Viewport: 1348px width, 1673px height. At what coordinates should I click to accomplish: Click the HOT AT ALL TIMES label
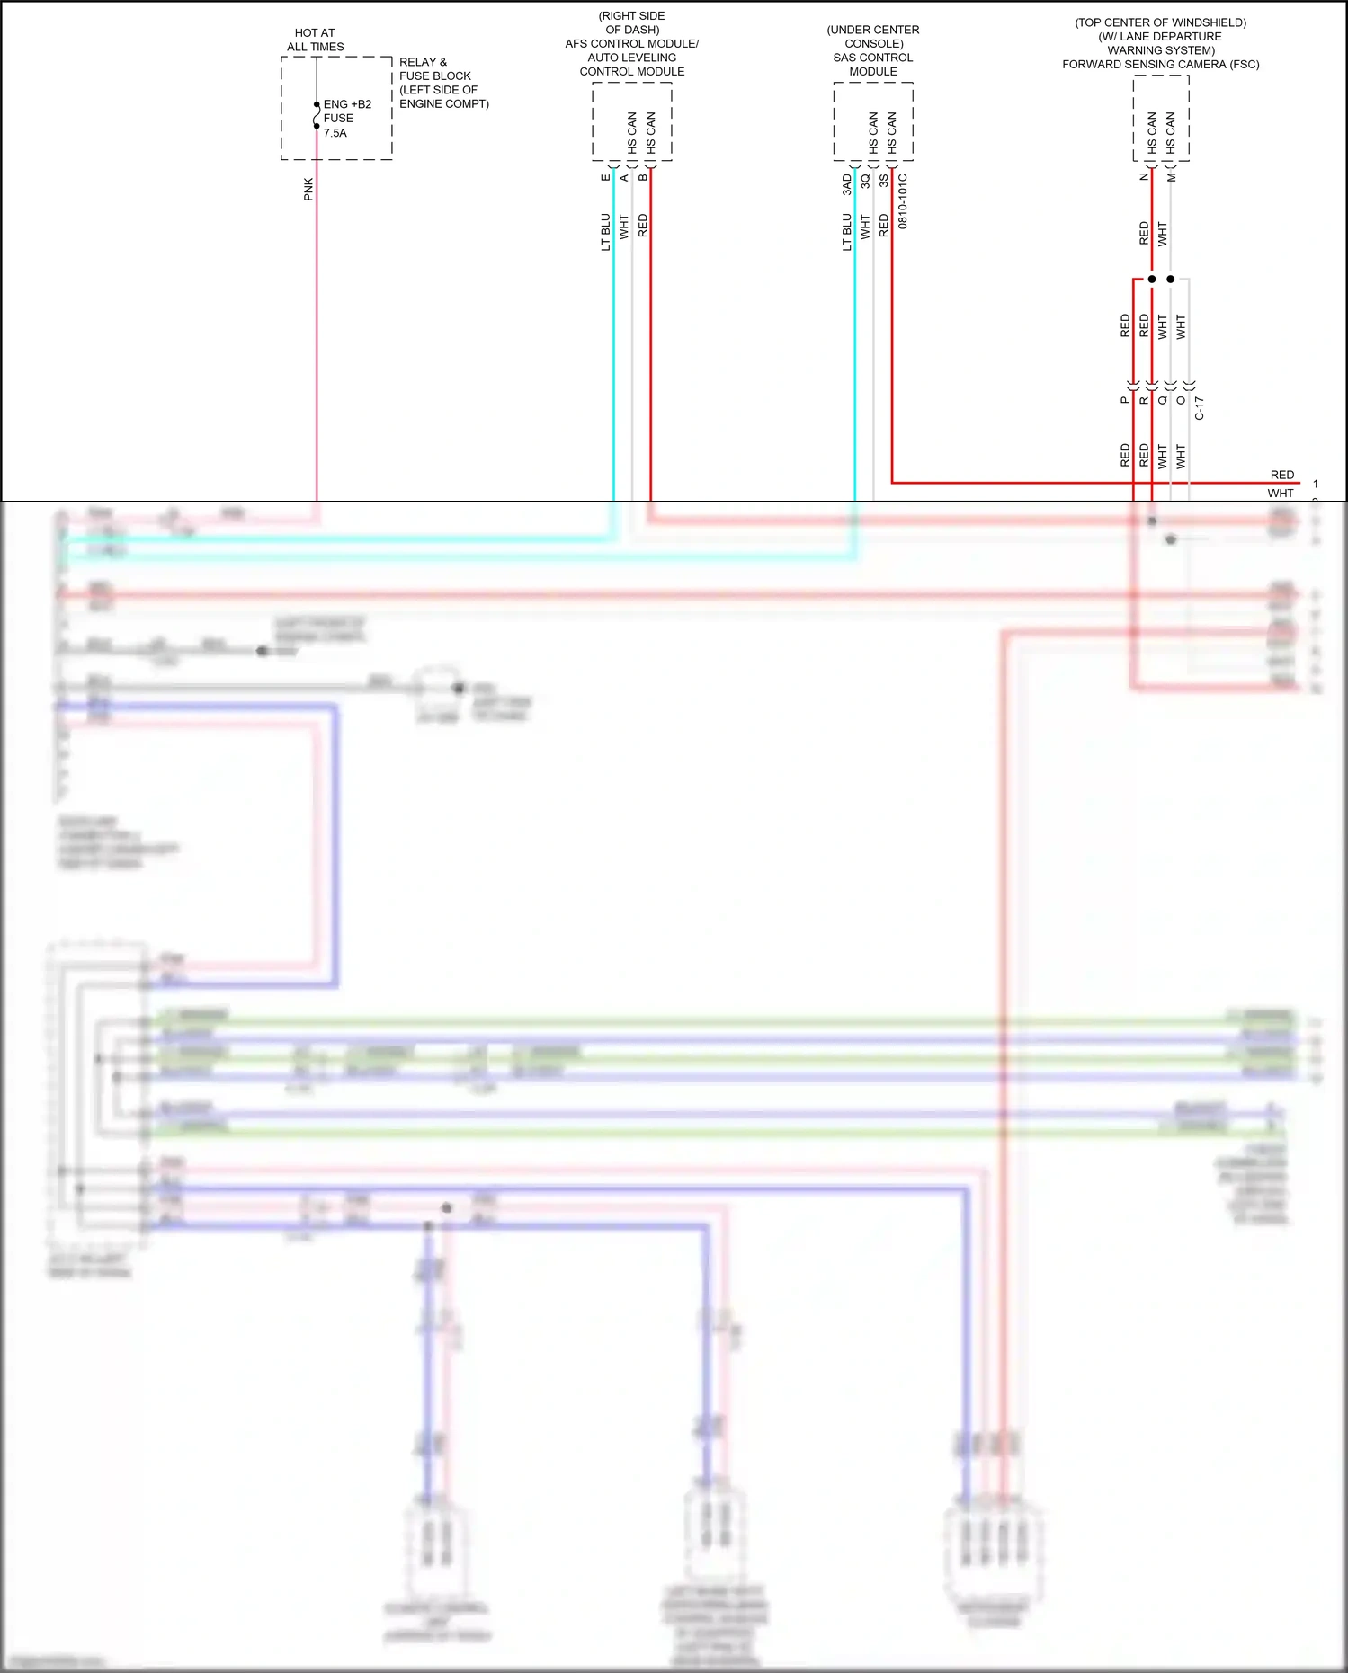point(315,40)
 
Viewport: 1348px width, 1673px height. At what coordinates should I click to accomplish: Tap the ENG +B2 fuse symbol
point(317,116)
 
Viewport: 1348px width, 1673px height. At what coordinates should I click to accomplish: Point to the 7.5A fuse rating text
point(335,133)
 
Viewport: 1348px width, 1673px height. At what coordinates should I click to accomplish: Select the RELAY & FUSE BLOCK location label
point(444,83)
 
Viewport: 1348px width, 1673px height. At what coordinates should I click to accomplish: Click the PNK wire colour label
point(308,189)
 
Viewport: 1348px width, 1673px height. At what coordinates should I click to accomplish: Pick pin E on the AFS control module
point(606,177)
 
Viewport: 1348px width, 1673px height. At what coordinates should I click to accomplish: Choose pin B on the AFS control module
point(643,177)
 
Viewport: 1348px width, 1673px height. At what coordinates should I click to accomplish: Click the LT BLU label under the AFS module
point(606,232)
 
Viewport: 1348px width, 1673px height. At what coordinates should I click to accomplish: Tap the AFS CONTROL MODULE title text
point(631,43)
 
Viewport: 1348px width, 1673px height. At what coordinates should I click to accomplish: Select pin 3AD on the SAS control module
point(847,184)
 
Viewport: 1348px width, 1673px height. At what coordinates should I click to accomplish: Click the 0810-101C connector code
point(903,201)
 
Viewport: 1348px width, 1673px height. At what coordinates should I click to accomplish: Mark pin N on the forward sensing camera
point(1145,176)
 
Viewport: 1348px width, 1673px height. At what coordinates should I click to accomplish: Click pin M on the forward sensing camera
point(1172,177)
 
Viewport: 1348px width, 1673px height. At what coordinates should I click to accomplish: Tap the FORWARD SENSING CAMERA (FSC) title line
point(1160,65)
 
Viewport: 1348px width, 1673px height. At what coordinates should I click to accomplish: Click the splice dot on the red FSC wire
point(1152,279)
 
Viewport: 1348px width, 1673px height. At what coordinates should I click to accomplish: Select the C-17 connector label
point(1200,408)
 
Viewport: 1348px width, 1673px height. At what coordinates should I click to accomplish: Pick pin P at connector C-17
point(1125,400)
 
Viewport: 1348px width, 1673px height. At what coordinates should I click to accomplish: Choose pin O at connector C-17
point(1181,400)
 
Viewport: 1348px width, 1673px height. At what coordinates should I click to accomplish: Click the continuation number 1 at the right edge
point(1315,484)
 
